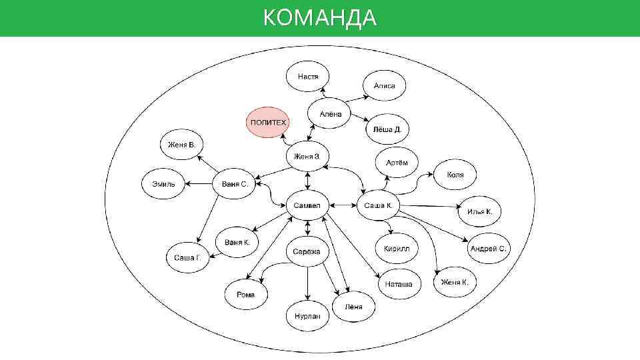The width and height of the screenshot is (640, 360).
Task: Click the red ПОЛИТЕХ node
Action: [x=268, y=123]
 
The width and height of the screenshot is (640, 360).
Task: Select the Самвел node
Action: [x=307, y=205]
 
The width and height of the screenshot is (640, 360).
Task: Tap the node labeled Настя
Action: [x=307, y=77]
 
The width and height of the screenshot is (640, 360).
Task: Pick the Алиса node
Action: [x=385, y=85]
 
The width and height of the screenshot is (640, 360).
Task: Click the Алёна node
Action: [x=330, y=114]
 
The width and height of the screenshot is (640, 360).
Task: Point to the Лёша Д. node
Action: [x=387, y=129]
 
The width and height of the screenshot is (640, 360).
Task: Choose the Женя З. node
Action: [x=307, y=157]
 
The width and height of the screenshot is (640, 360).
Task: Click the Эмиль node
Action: [x=163, y=183]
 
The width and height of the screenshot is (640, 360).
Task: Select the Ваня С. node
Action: [x=235, y=183]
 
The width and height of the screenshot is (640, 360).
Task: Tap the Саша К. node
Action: [x=378, y=205]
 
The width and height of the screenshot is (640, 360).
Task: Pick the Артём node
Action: [x=397, y=163]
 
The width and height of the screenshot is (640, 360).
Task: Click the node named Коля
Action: [x=457, y=175]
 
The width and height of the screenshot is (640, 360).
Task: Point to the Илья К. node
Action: [x=480, y=212]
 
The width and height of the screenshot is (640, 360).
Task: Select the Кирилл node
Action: [x=397, y=249]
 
